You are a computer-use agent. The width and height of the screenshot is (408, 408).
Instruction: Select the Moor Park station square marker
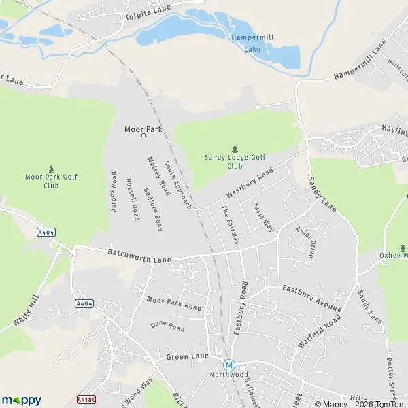point(143,135)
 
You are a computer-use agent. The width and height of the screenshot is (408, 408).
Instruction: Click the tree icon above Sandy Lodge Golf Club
point(235,149)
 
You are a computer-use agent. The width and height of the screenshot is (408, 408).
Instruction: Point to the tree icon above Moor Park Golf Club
point(51,169)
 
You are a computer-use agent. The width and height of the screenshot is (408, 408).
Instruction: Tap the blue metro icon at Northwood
point(229,364)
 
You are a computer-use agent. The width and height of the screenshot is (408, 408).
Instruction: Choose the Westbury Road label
point(250,183)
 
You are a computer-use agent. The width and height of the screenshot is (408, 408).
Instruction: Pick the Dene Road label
point(167,327)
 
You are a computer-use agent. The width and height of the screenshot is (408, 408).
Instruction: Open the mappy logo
point(21,400)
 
